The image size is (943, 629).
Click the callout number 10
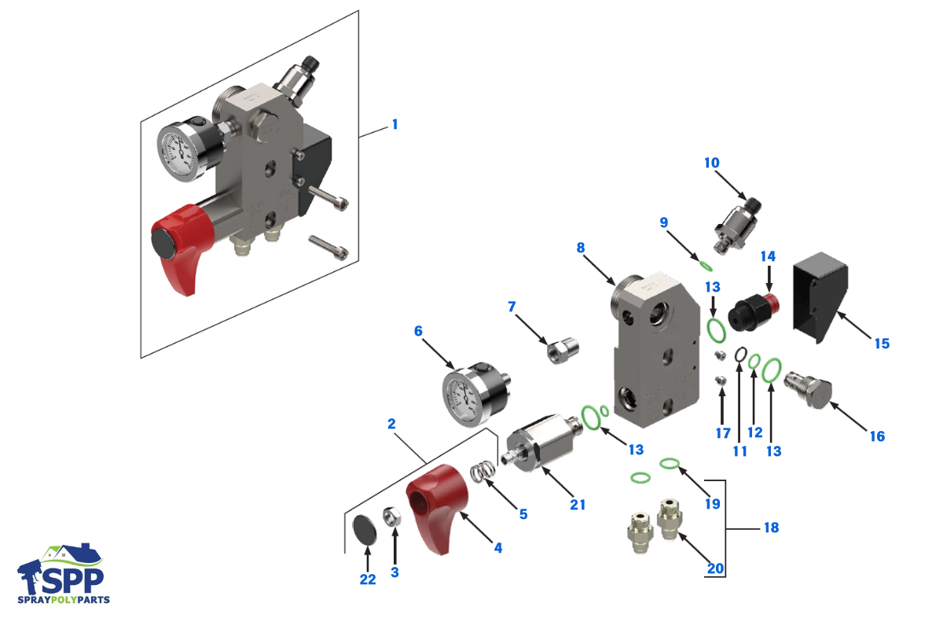click(711, 163)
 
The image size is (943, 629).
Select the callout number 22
click(367, 579)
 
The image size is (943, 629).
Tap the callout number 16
click(877, 436)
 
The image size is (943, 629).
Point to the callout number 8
click(581, 248)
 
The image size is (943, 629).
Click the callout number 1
click(395, 124)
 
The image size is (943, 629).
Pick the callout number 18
click(771, 528)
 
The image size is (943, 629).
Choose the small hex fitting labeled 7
click(563, 347)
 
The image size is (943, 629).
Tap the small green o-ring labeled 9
click(705, 264)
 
